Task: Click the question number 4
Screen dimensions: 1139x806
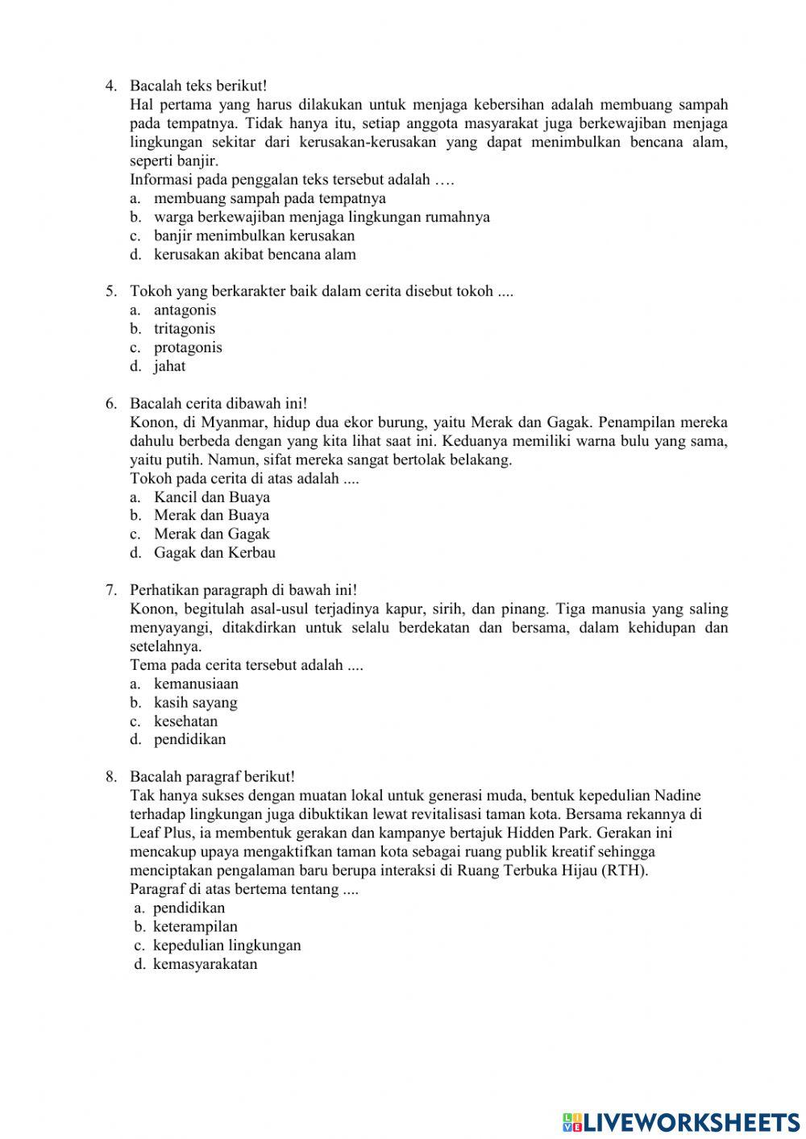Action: click(111, 85)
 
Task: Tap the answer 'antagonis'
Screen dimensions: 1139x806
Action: click(185, 310)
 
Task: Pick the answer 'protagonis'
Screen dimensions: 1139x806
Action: click(188, 347)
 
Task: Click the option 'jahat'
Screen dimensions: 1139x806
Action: click(169, 366)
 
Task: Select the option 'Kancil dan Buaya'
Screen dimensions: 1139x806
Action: click(212, 497)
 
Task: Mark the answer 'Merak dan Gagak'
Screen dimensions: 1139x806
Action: click(211, 534)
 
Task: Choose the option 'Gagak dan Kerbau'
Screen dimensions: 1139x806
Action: click(214, 552)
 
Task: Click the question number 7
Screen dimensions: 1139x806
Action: click(111, 590)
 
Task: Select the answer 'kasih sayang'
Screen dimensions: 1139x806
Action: click(195, 702)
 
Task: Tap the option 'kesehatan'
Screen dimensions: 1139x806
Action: click(185, 721)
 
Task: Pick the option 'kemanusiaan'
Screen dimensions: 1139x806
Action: click(196, 684)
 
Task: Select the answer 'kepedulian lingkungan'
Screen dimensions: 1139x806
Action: click(226, 945)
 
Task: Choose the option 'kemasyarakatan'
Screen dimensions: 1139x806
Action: click(205, 963)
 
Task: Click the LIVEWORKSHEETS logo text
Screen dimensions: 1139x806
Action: click(690, 1121)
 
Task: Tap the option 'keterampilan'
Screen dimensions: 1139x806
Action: click(195, 926)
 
